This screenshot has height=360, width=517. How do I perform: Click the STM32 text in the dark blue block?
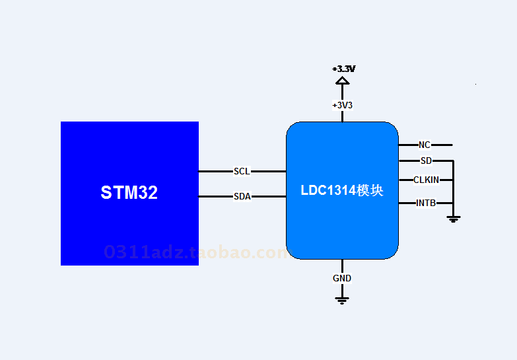(129, 192)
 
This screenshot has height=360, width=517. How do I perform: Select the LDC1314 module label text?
(342, 190)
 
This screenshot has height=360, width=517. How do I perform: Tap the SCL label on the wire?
(242, 171)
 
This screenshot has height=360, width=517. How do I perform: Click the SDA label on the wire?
(242, 196)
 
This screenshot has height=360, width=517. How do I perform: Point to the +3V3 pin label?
(342, 105)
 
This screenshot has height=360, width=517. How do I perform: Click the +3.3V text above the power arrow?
(343, 69)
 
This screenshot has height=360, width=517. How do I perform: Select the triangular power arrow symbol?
(342, 81)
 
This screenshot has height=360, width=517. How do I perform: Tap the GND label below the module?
(342, 278)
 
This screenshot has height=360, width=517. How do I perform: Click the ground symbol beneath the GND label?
(342, 301)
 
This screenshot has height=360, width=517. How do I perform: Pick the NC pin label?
(425, 145)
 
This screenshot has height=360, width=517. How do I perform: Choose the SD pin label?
(426, 161)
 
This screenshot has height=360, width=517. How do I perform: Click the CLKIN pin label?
(426, 180)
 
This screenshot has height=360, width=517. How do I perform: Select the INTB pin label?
(426, 203)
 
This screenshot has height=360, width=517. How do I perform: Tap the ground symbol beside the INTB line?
(454, 219)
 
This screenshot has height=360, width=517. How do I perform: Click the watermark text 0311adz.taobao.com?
(197, 252)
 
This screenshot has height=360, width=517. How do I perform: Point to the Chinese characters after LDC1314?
(370, 190)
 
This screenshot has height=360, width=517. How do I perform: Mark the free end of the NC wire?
(452, 145)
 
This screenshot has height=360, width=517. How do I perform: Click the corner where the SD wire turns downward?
(454, 161)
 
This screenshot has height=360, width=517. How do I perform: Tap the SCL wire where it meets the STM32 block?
(199, 171)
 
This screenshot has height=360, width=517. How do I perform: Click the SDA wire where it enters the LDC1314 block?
(286, 196)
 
